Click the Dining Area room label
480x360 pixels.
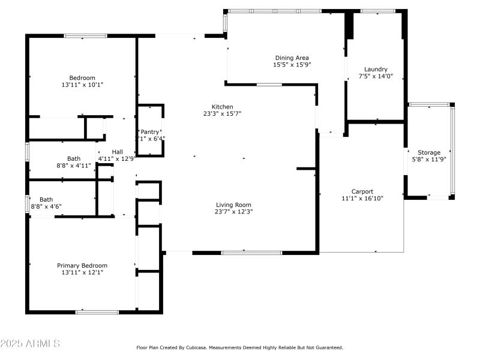[x=292, y=58]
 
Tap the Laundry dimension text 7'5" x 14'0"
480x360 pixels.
[x=376, y=76]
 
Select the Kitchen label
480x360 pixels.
[x=222, y=107]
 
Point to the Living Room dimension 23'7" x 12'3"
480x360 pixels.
[x=234, y=211]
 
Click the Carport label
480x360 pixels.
[x=362, y=191]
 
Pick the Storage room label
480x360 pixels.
[x=429, y=153]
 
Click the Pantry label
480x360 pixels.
[x=150, y=131]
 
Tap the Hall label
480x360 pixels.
[x=118, y=152]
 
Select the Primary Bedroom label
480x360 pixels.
[x=82, y=265]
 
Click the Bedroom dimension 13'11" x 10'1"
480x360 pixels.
[x=82, y=85]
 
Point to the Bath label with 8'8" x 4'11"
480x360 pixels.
[x=74, y=158]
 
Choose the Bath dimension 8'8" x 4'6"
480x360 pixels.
[x=46, y=206]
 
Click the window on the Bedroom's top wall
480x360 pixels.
[x=86, y=36]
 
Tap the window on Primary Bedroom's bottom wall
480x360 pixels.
[x=97, y=311]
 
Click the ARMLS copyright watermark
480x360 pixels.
[x=30, y=344]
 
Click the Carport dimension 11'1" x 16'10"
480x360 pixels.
[x=362, y=198]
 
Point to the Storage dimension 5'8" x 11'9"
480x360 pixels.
[x=429, y=160]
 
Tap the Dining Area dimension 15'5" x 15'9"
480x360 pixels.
[x=292, y=64]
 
